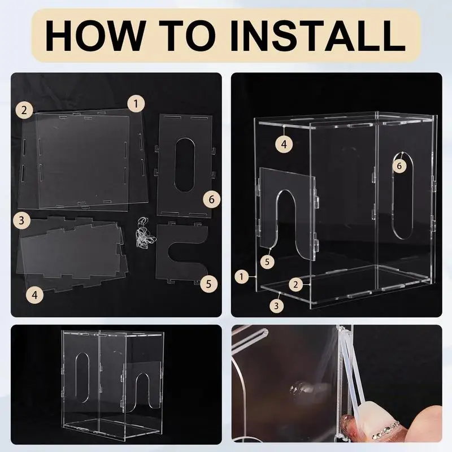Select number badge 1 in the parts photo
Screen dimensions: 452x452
[x=136, y=104]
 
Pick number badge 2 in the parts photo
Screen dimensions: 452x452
[x=24, y=110]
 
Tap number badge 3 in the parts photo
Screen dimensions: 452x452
[x=22, y=220]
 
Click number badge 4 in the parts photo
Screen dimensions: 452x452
[x=35, y=294]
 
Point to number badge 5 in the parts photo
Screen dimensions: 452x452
[x=208, y=284]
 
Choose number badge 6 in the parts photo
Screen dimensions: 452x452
[x=211, y=199]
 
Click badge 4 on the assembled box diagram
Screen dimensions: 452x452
[x=284, y=144]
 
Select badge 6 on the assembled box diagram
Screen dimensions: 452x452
[x=399, y=166]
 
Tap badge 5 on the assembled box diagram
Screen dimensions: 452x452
[x=267, y=262]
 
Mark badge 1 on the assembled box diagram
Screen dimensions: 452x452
[x=242, y=277]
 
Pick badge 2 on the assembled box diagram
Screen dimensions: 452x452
[x=295, y=285]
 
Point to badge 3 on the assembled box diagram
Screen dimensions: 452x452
[x=276, y=305]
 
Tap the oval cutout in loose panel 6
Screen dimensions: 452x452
[x=185, y=165]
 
